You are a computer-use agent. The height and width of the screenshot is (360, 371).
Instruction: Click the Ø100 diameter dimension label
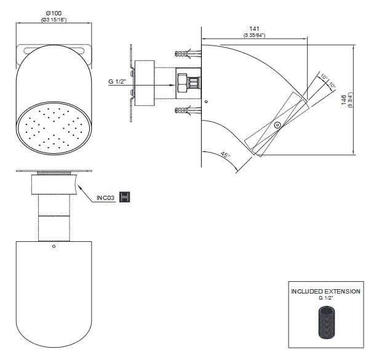54,13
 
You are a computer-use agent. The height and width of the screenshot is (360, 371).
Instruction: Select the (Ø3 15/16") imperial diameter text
54,20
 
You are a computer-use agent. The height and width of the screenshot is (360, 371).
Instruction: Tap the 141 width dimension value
254,28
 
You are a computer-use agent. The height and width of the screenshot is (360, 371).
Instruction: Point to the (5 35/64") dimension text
254,35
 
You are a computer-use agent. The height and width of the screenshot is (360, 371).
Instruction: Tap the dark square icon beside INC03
125,197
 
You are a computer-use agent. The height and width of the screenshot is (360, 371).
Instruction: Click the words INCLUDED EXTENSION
325,291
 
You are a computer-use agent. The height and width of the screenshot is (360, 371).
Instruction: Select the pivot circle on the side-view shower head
277,125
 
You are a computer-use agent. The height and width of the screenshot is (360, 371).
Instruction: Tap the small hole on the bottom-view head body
54,246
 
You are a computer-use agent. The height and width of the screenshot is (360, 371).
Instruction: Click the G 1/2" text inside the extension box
325,298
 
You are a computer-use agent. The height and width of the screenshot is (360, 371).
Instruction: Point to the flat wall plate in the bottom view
54,171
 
